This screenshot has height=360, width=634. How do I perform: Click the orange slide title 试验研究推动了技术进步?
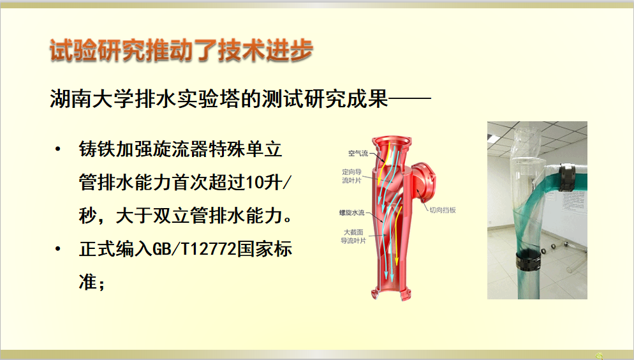tap(182, 50)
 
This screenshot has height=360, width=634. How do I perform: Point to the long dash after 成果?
tap(409, 98)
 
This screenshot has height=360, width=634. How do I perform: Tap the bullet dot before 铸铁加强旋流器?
tap(58, 149)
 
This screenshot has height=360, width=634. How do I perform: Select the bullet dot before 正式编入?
tap(58, 249)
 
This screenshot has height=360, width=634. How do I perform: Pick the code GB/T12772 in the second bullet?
tap(195, 249)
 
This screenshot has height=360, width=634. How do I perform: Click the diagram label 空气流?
tap(358, 153)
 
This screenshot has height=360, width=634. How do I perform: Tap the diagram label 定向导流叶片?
tap(352, 176)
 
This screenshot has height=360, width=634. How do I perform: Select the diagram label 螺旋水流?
tap(352, 213)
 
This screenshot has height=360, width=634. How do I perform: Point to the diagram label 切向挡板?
tap(443, 210)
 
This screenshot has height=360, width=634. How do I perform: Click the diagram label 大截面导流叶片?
tap(353, 237)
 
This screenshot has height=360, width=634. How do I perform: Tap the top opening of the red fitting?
tap(392, 140)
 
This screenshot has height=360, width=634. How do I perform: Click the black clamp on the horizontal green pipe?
tap(567, 177)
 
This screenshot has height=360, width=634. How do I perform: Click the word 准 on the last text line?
tap(88, 281)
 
